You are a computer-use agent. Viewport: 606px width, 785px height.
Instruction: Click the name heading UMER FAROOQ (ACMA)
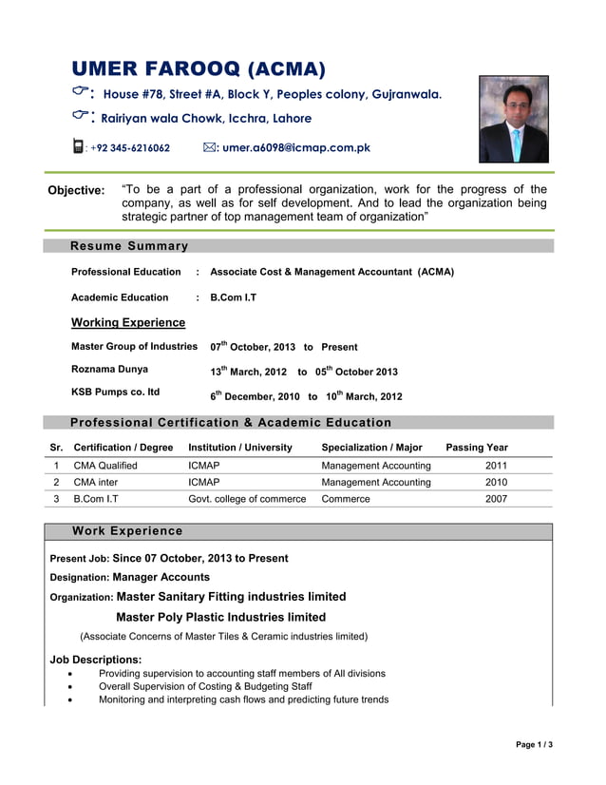pyautogui.click(x=199, y=67)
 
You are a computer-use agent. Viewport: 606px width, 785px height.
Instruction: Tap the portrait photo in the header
pyautogui.click(x=513, y=120)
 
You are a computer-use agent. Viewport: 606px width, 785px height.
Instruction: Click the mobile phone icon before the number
pyautogui.click(x=78, y=147)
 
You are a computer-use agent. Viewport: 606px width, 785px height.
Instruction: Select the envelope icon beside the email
pyautogui.click(x=209, y=147)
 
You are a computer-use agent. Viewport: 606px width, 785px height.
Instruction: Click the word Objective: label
pyautogui.click(x=76, y=190)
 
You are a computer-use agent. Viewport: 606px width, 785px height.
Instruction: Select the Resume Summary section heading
pyautogui.click(x=129, y=246)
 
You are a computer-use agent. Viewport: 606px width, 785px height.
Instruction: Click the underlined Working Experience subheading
pyautogui.click(x=128, y=323)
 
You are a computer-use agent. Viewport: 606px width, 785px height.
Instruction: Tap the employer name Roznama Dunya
pyautogui.click(x=109, y=369)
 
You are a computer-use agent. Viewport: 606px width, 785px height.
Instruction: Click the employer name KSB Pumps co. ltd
pyautogui.click(x=115, y=392)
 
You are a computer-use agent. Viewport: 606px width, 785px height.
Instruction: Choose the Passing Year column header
pyautogui.click(x=477, y=447)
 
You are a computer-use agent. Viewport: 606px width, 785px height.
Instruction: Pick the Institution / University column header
pyautogui.click(x=240, y=447)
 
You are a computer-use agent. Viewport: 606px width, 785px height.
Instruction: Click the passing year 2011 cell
pyautogui.click(x=496, y=466)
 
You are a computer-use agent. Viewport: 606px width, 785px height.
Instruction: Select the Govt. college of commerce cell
pyautogui.click(x=247, y=498)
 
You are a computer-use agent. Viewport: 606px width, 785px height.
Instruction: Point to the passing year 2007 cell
pyautogui.click(x=496, y=498)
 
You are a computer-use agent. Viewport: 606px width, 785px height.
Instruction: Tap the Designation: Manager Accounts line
pyautogui.click(x=130, y=577)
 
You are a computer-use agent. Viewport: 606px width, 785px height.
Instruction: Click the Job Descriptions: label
pyautogui.click(x=96, y=659)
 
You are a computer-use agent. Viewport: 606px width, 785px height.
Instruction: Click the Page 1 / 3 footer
pyautogui.click(x=534, y=744)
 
